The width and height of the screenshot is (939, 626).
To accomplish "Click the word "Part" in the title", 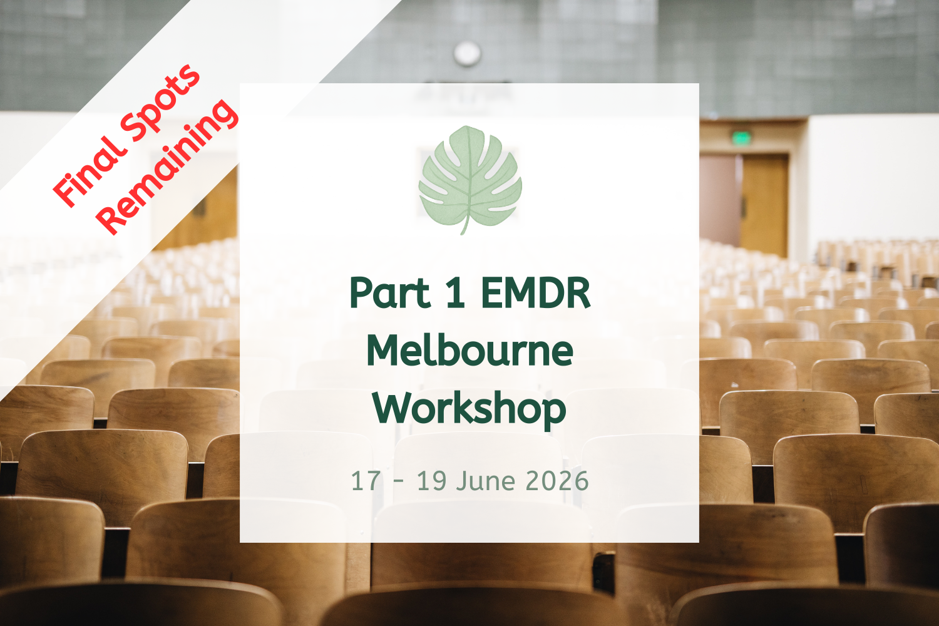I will click(389, 293).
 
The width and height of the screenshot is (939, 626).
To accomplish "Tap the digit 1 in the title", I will click(455, 293).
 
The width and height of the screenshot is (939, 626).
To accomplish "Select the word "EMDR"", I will click(535, 293).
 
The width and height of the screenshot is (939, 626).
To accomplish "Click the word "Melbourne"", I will click(469, 351).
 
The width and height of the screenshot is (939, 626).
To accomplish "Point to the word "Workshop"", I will click(469, 409).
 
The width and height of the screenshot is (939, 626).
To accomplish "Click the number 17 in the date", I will click(366, 481).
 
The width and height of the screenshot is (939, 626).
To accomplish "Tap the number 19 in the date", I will click(431, 481).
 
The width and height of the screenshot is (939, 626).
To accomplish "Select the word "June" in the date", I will click(486, 481).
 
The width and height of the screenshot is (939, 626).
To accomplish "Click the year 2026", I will click(557, 481).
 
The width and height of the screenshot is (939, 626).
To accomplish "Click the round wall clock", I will click(467, 53).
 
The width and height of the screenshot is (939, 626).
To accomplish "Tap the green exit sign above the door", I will click(742, 137).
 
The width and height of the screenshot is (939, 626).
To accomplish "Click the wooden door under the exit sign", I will click(764, 203).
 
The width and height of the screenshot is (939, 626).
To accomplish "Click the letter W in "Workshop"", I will click(391, 408).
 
